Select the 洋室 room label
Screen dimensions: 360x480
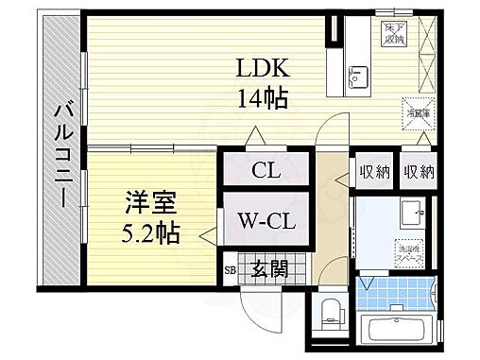(146, 202)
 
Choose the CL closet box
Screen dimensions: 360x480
(264, 171)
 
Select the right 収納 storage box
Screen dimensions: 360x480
(417, 171)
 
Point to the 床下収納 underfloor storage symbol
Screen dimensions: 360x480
(393, 35)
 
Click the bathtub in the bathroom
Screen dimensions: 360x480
(398, 334)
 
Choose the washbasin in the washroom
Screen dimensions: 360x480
(413, 213)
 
